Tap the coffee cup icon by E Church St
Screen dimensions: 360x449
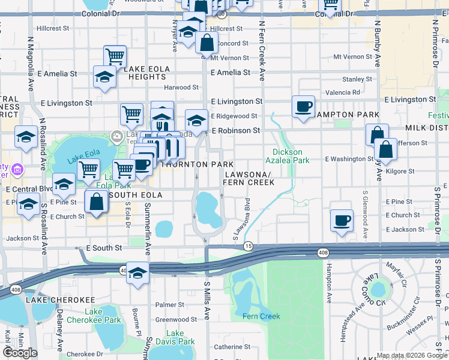[342, 220]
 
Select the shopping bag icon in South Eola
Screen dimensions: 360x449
[96, 202]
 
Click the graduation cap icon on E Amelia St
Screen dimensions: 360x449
[104, 77]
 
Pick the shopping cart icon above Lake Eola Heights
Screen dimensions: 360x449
[115, 57]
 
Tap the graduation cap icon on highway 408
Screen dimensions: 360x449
[138, 272]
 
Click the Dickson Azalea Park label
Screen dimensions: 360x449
[288, 156]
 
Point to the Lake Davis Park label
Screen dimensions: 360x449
[175, 337]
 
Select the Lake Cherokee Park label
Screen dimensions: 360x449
[103, 316]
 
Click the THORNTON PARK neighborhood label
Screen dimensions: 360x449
[191, 164]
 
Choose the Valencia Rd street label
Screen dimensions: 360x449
[342, 92]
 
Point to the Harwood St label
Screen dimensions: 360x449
[181, 88]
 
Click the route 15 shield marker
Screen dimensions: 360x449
[248, 246]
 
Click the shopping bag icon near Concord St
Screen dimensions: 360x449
[206, 43]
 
